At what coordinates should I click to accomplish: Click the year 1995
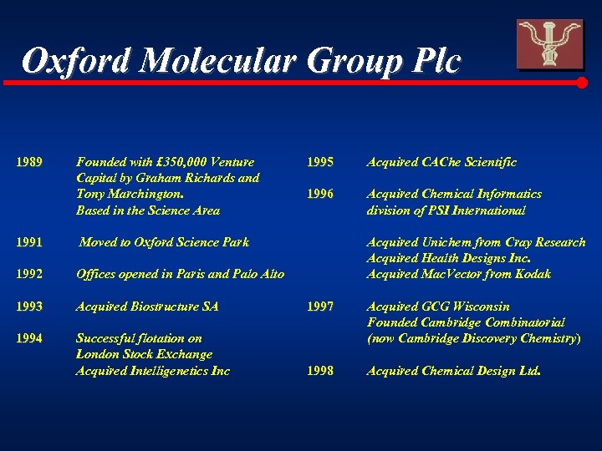click(x=319, y=162)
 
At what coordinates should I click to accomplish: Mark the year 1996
click(x=319, y=194)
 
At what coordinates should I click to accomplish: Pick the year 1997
click(x=319, y=307)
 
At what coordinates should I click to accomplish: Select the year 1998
click(x=319, y=370)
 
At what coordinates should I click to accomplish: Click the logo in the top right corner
click(x=549, y=43)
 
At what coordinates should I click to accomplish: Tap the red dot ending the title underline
click(x=583, y=83)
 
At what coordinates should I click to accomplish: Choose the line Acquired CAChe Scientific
click(x=441, y=162)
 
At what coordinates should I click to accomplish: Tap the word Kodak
click(x=533, y=274)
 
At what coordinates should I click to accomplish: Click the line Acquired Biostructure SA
click(x=147, y=307)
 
